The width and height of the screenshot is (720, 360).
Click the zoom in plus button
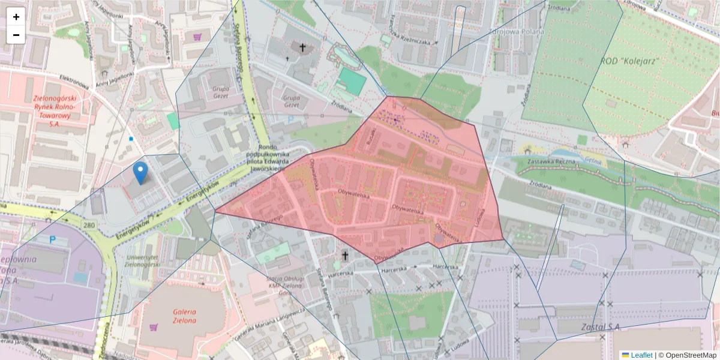pos(16,17)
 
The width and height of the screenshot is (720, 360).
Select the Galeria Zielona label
pos(185,316)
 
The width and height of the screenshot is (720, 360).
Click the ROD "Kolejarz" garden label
pos(630,61)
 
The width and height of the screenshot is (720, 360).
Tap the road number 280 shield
pos(90,225)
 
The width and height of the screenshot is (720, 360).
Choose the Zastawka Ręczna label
pos(551,161)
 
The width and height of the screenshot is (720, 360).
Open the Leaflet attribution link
pos(641,355)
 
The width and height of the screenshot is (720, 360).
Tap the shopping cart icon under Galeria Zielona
pos(154,328)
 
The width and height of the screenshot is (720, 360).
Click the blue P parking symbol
pos(52,239)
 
